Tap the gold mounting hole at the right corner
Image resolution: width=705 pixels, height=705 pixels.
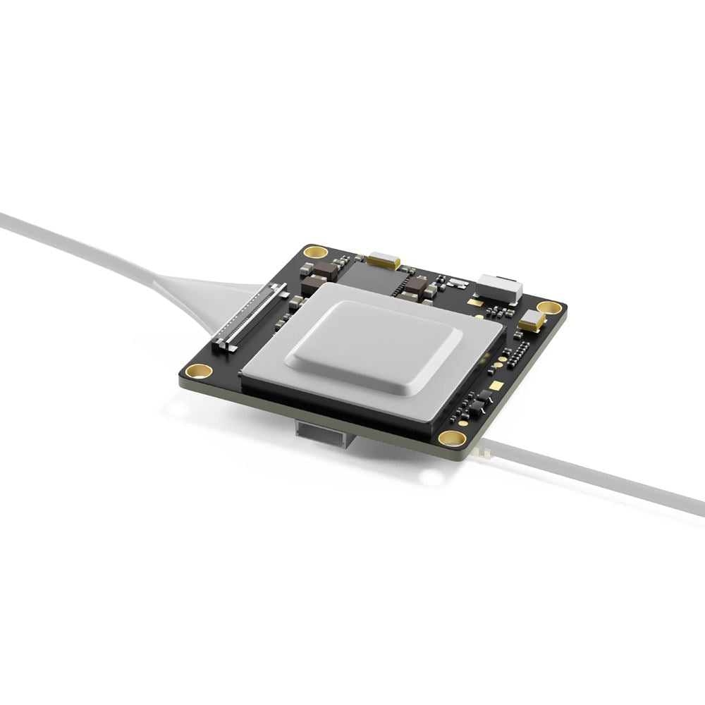[x=549, y=307]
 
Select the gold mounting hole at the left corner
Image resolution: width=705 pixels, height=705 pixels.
[x=200, y=371]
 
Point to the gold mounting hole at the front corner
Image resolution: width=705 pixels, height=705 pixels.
[x=452, y=438]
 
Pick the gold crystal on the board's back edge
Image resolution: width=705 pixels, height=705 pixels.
[x=383, y=259]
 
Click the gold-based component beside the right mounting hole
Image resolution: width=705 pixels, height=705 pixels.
[x=532, y=321]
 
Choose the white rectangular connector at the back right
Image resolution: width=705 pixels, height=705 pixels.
[x=499, y=286]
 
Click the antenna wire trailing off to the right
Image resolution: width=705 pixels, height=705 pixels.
[x=599, y=476]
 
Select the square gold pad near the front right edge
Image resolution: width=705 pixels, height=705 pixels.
[x=496, y=386]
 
